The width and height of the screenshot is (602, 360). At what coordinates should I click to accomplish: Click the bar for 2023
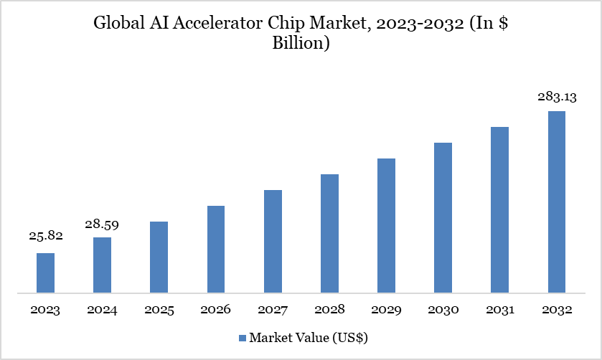pyautogui.click(x=45, y=273)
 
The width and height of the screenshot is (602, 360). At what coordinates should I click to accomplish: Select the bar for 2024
pyautogui.click(x=102, y=265)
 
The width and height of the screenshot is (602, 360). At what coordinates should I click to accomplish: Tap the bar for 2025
pyautogui.click(x=159, y=257)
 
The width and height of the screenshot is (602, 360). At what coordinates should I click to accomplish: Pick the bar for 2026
pyautogui.click(x=216, y=250)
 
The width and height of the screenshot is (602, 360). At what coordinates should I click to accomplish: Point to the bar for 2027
pyautogui.click(x=273, y=242)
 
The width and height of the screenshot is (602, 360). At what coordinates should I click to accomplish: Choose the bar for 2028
pyautogui.click(x=329, y=234)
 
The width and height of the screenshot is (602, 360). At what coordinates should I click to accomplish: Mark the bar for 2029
pyautogui.click(x=386, y=226)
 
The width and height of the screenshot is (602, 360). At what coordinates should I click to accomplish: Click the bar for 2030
pyautogui.click(x=443, y=218)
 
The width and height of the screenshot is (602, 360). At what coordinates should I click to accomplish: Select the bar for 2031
pyautogui.click(x=500, y=210)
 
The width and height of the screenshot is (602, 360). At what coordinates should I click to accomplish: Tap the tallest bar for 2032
pyautogui.click(x=557, y=202)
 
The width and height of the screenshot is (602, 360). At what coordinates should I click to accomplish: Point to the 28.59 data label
pyautogui.click(x=101, y=224)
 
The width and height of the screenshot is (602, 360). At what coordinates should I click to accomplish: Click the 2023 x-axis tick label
pyautogui.click(x=45, y=311)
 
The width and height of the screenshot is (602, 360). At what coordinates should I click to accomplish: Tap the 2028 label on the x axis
pyautogui.click(x=329, y=311)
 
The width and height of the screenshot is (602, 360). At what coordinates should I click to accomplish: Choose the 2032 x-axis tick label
pyautogui.click(x=557, y=311)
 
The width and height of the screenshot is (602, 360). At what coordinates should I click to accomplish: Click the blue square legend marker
pyautogui.click(x=242, y=337)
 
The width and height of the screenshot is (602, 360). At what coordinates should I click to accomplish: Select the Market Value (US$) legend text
pyautogui.click(x=308, y=337)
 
